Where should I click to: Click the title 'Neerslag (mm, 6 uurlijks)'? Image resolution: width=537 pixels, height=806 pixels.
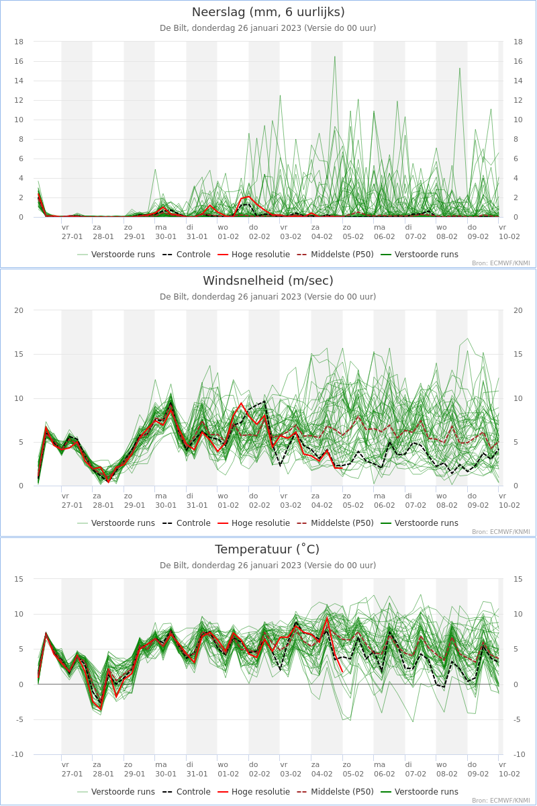coord(268,12)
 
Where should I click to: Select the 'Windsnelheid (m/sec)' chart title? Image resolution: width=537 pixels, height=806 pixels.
coord(268,281)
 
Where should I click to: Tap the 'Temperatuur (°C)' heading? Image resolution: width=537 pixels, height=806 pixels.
coord(267,549)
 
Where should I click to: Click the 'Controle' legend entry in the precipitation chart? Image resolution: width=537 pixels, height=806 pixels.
coord(187,255)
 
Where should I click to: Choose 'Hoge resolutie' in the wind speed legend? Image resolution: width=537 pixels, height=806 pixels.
coord(254,523)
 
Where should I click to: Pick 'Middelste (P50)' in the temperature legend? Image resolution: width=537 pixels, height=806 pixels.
coord(335,792)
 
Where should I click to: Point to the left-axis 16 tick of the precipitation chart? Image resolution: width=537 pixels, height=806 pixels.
coord(19,61)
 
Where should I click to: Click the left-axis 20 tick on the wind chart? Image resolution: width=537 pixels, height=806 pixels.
coord(19,310)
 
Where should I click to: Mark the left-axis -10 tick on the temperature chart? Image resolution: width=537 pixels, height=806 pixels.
coord(17,754)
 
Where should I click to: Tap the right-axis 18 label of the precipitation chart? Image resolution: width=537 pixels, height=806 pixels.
coord(518,42)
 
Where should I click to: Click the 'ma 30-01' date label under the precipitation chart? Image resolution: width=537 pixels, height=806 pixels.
coord(166,232)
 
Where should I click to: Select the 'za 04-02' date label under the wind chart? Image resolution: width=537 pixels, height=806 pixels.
coord(322,500)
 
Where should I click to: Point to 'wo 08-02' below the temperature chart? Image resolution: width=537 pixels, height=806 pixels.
coord(447,769)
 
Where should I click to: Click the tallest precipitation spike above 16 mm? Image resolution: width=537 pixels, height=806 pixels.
coord(334,56)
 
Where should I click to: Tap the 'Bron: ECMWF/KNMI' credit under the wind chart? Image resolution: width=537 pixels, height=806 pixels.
coord(501,532)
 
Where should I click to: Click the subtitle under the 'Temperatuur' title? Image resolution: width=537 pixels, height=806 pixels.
coord(268,566)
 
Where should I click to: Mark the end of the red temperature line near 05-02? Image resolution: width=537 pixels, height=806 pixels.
coord(342,672)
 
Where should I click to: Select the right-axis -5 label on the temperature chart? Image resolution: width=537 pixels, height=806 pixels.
coord(516,719)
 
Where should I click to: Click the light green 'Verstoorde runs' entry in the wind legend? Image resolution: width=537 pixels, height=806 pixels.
coord(116,523)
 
